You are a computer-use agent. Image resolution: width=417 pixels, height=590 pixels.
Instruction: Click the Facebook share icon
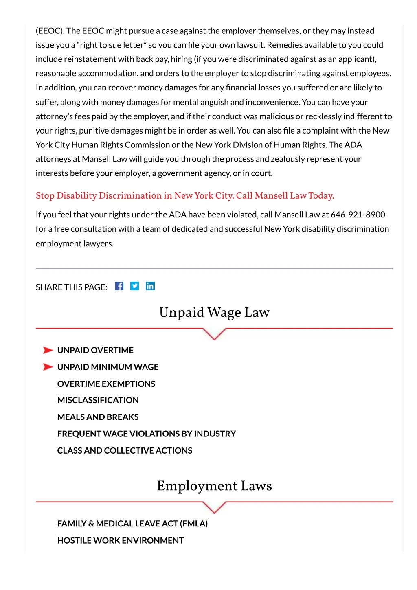pos(119,286)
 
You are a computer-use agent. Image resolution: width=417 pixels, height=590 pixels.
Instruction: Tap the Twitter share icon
pos(134,286)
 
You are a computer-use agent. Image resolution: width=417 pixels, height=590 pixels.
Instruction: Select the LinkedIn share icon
pos(150,286)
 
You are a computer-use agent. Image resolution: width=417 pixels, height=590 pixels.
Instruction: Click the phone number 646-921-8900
pos(358,215)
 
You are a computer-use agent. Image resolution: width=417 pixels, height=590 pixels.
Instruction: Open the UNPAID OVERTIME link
pos(95,350)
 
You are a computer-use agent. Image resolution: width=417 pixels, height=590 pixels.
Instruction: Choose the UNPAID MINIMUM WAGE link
pos(108,367)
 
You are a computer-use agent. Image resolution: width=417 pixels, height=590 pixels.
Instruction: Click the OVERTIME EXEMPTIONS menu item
pos(106,384)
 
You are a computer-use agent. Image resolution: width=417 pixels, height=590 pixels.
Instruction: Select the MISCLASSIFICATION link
pos(98,400)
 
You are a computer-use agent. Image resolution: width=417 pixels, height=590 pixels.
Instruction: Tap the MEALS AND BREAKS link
pos(98,417)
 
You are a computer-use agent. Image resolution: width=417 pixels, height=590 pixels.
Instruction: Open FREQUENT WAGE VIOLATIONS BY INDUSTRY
pos(147,434)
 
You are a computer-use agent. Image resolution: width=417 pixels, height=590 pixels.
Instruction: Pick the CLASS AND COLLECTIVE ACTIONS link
pos(125,451)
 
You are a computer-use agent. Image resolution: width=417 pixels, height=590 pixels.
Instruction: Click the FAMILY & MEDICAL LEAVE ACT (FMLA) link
pos(132,524)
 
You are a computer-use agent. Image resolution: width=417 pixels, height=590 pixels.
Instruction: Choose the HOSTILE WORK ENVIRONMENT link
pos(121,540)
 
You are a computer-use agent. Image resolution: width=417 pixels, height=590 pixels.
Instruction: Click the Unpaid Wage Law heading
pos(214,312)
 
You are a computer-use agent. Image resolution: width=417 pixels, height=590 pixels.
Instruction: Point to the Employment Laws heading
pos(214,486)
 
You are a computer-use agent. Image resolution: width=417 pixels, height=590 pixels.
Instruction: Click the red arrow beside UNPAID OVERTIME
pos(48,350)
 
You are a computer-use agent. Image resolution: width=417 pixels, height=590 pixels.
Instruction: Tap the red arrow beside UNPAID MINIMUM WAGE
pos(48,367)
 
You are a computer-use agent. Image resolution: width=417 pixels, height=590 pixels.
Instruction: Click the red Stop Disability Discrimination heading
pos(185,196)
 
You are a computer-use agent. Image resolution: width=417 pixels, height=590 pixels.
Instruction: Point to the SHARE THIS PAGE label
pos(71,287)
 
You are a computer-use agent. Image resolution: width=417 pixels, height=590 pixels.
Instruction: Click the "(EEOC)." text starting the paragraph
pos(50,31)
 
